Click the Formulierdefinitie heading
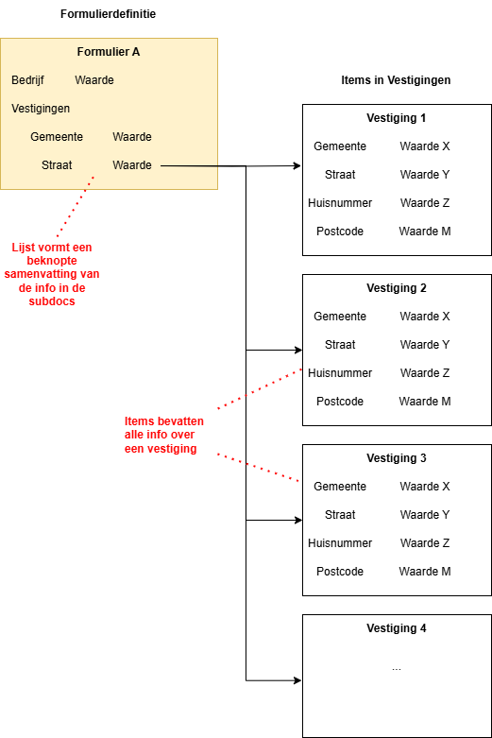pyautogui.click(x=109, y=13)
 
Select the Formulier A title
pyautogui.click(x=109, y=52)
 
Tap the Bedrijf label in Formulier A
pyautogui.click(x=27, y=80)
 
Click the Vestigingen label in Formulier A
pyautogui.click(x=41, y=109)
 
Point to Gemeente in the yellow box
pyautogui.click(x=57, y=137)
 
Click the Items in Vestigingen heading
pyautogui.click(x=396, y=80)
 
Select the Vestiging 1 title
pyautogui.click(x=397, y=118)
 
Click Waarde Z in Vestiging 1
pyautogui.click(x=425, y=203)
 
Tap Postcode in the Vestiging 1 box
pyautogui.click(x=340, y=232)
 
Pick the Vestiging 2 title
pyautogui.click(x=397, y=288)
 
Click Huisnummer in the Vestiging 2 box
pyautogui.click(x=340, y=372)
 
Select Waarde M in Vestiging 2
pyautogui.click(x=425, y=401)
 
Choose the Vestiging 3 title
pyautogui.click(x=397, y=458)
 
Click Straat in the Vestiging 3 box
pyautogui.click(x=340, y=514)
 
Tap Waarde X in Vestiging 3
pyautogui.click(x=425, y=487)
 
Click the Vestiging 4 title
pyautogui.click(x=397, y=627)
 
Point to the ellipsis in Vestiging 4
pyautogui.click(x=397, y=668)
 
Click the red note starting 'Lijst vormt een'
pyautogui.click(x=52, y=274)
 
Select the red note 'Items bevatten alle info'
pyautogui.click(x=163, y=435)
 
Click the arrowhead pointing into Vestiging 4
pyautogui.click(x=297, y=680)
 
